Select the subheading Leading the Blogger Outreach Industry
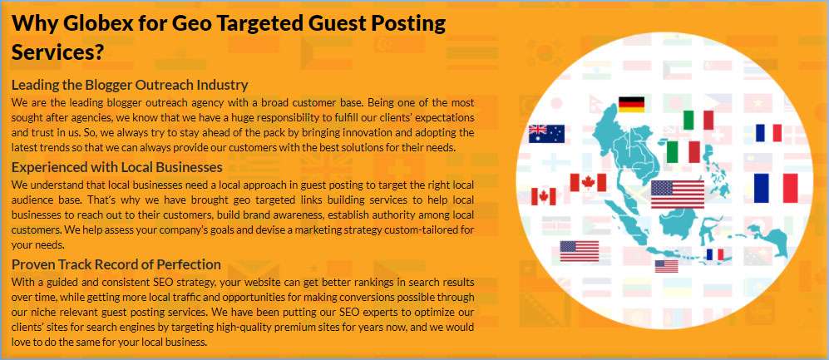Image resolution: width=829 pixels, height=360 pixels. (130, 85)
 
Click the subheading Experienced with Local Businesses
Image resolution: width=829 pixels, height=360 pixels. (117, 168)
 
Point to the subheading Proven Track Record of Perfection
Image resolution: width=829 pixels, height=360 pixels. (116, 264)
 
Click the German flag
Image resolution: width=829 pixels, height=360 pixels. (631, 104)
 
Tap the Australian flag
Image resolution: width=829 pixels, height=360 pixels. (546, 134)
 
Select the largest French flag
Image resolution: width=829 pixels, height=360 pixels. (776, 188)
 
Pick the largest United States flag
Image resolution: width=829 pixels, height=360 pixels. (678, 194)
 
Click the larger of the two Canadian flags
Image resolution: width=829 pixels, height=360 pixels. (588, 182)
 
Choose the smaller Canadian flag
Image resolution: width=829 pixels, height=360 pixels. (544, 197)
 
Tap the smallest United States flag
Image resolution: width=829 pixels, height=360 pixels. (666, 266)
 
